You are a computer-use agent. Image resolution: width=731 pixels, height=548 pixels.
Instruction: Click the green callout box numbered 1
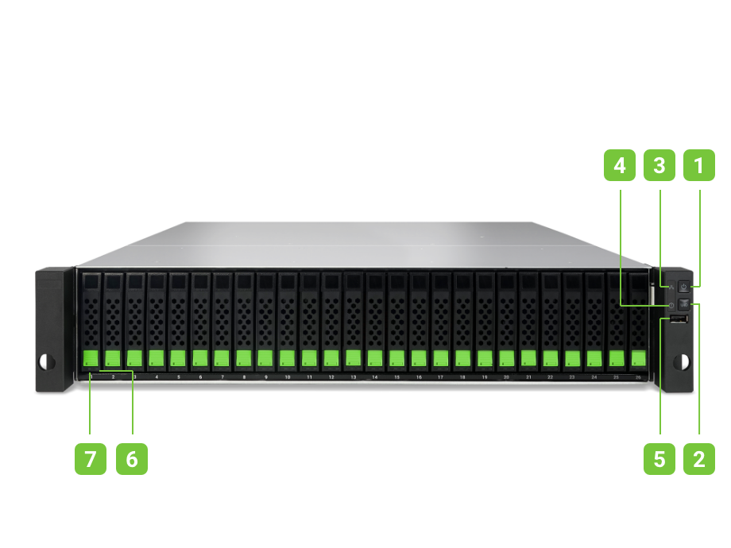tap(699, 165)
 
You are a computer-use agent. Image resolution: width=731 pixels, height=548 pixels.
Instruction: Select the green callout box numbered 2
tap(699, 458)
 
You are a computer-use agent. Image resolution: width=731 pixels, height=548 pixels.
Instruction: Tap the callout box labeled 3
tap(659, 165)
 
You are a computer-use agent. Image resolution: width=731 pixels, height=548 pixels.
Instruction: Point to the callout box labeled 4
tap(619, 165)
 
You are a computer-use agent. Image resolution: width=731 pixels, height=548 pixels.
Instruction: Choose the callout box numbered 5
tap(659, 458)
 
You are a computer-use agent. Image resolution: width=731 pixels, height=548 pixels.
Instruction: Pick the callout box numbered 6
tap(131, 458)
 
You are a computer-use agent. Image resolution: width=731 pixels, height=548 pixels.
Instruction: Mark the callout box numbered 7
tap(91, 458)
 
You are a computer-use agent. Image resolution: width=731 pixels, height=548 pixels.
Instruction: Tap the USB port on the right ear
tap(677, 319)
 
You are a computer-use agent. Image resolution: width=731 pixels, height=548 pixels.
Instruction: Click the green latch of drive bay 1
tap(91, 358)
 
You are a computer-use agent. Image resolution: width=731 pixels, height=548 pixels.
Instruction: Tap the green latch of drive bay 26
tap(637, 357)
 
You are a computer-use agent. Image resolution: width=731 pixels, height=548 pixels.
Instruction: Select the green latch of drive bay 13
tap(353, 357)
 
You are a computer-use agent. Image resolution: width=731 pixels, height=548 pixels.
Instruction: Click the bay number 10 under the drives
tap(288, 378)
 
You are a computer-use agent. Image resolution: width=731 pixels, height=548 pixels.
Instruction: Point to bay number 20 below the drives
tap(506, 378)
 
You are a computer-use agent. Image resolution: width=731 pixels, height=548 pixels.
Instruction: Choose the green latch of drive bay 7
tap(222, 358)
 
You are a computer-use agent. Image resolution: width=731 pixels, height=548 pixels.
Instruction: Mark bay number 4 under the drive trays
tap(157, 378)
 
